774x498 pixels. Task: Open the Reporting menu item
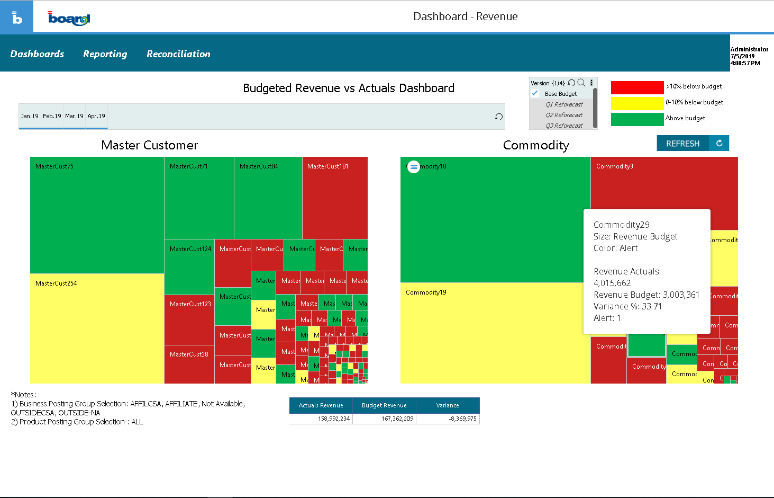pyautogui.click(x=105, y=54)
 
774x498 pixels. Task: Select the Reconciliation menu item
pyautogui.click(x=178, y=54)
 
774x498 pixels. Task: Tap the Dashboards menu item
pyautogui.click(x=37, y=54)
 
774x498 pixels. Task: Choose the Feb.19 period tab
pyautogui.click(x=52, y=116)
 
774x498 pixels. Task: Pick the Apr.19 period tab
pyautogui.click(x=96, y=116)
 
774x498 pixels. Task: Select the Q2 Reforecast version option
pyautogui.click(x=564, y=115)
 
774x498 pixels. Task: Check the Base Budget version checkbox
pyautogui.click(x=535, y=94)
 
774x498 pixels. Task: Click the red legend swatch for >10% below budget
pyautogui.click(x=637, y=87)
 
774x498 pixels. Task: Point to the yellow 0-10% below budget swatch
pyautogui.click(x=637, y=103)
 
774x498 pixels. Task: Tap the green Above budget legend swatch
pyautogui.click(x=637, y=119)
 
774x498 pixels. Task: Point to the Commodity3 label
pyautogui.click(x=614, y=166)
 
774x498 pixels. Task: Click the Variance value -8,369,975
pyautogui.click(x=462, y=419)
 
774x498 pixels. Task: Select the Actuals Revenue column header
pyautogui.click(x=321, y=405)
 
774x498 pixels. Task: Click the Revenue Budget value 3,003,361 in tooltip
pyautogui.click(x=681, y=295)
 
